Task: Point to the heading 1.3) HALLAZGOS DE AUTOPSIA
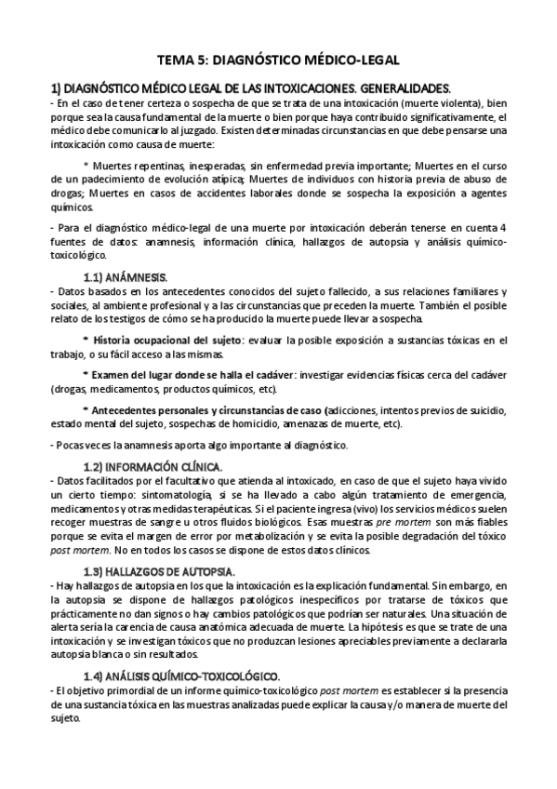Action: tap(159, 569)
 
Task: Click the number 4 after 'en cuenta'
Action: tap(503, 228)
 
